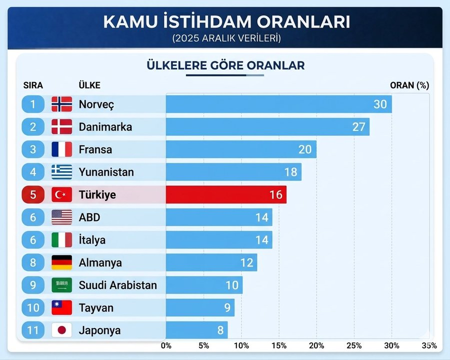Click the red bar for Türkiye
click(x=226, y=194)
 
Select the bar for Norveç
click(x=278, y=104)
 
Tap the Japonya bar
click(x=196, y=330)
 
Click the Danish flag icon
click(x=62, y=127)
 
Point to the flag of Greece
click(x=62, y=172)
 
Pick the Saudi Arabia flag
click(x=62, y=285)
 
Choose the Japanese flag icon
click(x=62, y=330)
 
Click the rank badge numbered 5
click(x=33, y=194)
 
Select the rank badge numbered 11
click(x=33, y=330)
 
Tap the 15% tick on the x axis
click(x=279, y=345)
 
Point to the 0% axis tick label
click(x=166, y=345)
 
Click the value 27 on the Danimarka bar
click(x=358, y=127)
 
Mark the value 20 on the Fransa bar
click(x=304, y=149)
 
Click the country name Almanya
click(x=100, y=262)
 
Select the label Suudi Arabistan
click(x=117, y=285)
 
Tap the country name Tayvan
click(x=95, y=307)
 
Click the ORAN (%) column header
click(x=409, y=85)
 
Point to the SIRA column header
click(x=33, y=85)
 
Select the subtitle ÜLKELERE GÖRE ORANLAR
click(x=225, y=65)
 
